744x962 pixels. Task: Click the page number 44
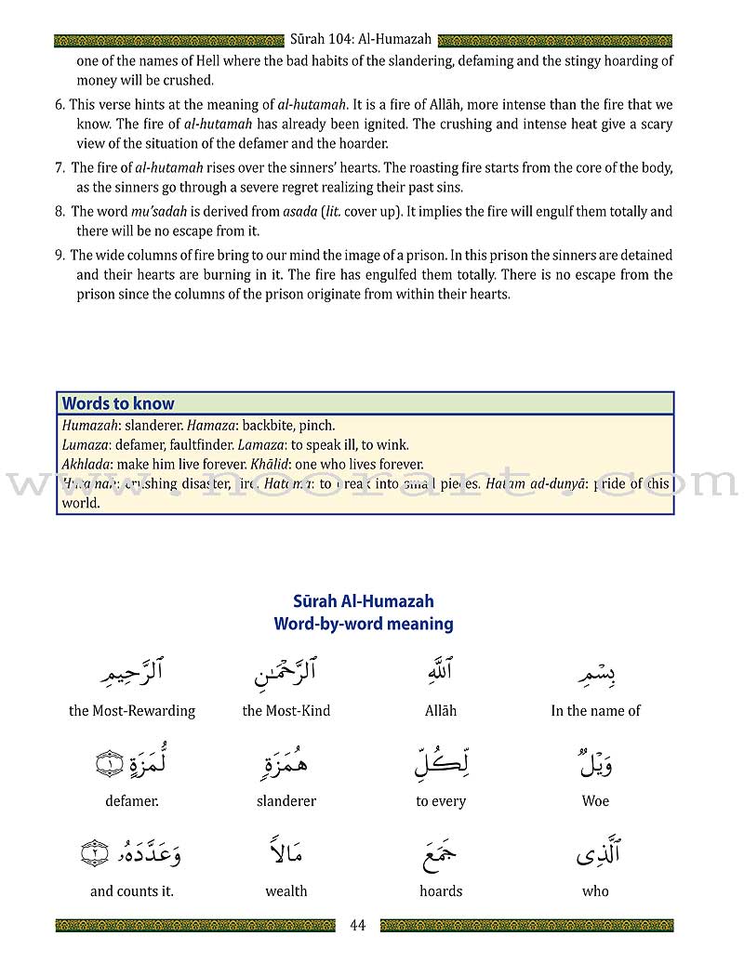pos(359,925)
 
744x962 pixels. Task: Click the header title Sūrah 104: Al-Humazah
pos(361,40)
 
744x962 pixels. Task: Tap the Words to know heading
pos(118,403)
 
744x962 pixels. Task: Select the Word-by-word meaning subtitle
pos(364,624)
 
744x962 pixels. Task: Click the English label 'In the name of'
pos(595,711)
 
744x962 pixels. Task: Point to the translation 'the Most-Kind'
pos(286,711)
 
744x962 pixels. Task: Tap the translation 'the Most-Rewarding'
pos(132,711)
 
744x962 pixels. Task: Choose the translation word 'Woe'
pos(595,801)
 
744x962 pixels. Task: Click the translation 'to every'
pos(441,801)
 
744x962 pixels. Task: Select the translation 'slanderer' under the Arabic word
pos(286,801)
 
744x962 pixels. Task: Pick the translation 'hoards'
pos(441,891)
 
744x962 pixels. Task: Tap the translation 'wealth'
pos(286,891)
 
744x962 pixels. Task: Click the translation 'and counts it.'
pos(132,891)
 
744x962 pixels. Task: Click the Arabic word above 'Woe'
pos(595,765)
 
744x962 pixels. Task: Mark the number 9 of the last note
pos(60,256)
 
